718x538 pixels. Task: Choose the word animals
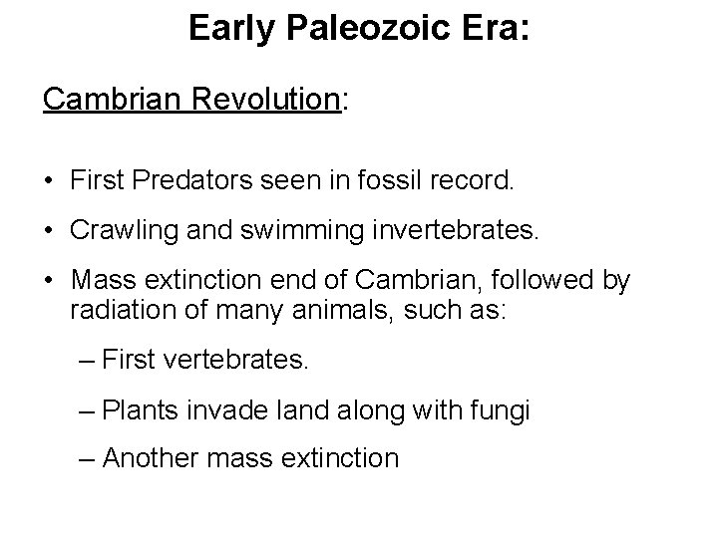click(x=333, y=310)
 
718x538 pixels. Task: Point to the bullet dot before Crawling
click(x=49, y=233)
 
